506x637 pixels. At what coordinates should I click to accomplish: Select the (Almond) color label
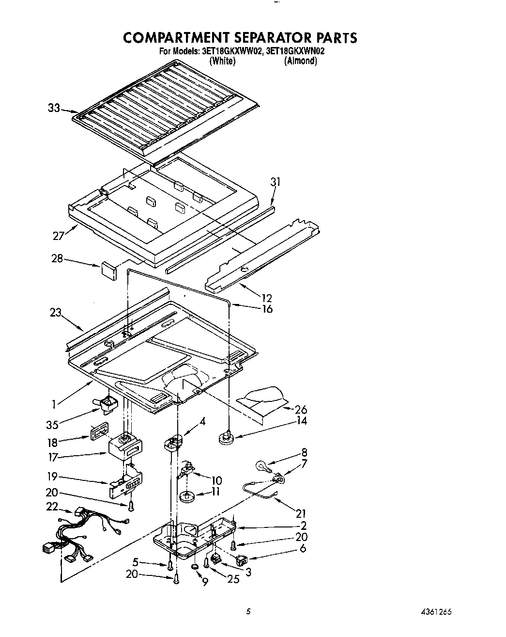[300, 61]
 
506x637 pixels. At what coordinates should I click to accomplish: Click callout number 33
[54, 108]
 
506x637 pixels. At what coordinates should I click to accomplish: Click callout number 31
[276, 182]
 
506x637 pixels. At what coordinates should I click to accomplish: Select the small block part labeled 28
[109, 270]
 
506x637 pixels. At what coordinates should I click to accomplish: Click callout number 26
[301, 410]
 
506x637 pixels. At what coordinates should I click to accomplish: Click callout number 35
[52, 425]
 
